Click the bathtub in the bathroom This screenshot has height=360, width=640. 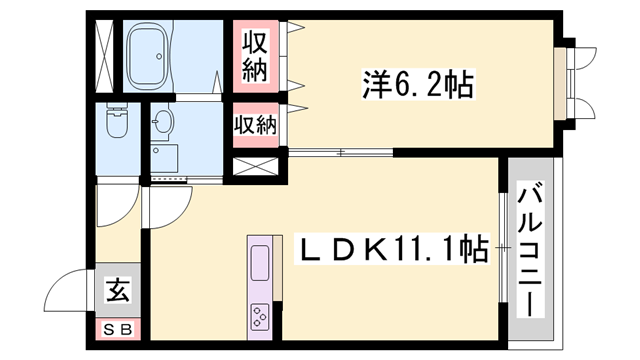147,56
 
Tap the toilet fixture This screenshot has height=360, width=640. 117,119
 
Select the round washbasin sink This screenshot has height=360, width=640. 163,120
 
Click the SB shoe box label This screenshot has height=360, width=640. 118,330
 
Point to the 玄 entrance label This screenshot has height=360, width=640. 118,290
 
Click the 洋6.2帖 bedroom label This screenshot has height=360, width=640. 418,85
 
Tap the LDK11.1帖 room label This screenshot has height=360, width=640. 392,249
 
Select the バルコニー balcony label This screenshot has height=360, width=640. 530,251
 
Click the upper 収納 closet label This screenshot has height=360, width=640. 255,56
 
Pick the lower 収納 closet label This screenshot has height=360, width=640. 255,125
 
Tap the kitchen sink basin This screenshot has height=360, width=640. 260,263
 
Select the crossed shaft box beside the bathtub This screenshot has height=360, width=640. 104,56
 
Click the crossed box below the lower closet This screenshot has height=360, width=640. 256,166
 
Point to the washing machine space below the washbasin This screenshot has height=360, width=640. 164,158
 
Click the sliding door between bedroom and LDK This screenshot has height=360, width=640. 340,153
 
